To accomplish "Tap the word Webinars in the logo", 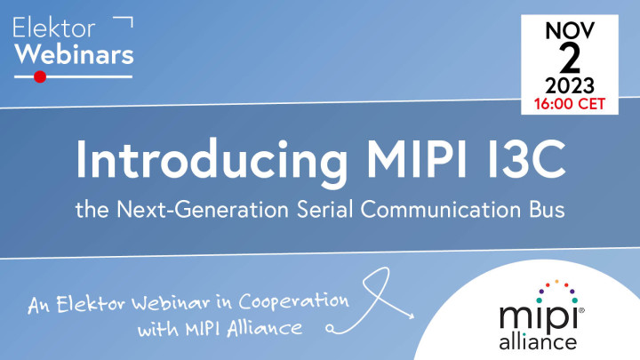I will [75, 54].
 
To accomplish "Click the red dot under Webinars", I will [39, 77].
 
